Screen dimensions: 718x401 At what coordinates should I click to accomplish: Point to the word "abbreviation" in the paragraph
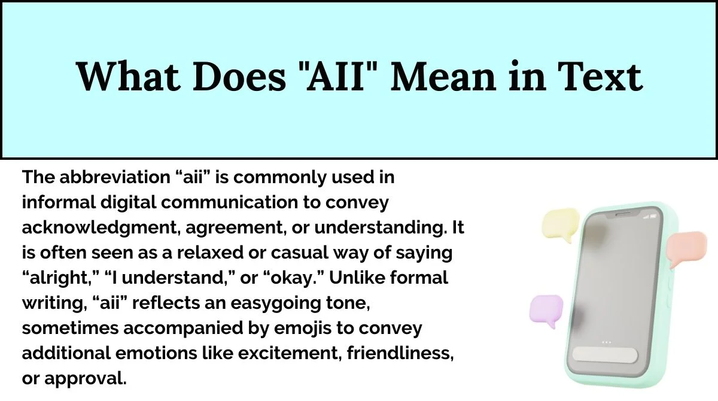[115, 177]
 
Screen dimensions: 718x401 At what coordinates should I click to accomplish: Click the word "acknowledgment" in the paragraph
[99, 228]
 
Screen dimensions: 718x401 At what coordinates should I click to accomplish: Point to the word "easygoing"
[276, 303]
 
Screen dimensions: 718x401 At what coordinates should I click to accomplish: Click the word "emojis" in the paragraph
[303, 329]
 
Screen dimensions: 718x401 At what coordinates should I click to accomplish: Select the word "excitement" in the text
[288, 353]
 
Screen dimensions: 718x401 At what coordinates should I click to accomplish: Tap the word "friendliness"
[400, 353]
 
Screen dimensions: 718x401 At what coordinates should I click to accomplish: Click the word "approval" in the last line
[85, 379]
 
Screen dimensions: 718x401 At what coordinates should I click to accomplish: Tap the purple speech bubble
[546, 311]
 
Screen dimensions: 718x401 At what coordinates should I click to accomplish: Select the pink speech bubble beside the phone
[687, 248]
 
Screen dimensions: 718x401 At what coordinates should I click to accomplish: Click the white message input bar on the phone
[605, 355]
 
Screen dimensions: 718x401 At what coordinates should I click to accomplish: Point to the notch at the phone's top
[623, 214]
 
